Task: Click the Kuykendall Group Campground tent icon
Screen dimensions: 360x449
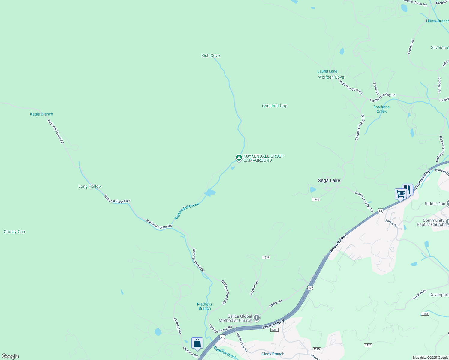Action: point(239,157)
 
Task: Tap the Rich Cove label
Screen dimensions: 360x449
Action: point(210,55)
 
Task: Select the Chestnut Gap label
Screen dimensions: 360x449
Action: point(274,106)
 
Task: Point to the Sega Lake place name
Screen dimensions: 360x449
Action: point(329,180)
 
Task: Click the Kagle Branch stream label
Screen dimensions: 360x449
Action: point(41,114)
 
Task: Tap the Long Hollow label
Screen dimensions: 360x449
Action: point(90,186)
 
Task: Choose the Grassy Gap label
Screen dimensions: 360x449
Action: point(14,232)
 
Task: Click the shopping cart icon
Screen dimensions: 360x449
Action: point(400,194)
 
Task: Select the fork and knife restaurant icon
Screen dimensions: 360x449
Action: point(408,189)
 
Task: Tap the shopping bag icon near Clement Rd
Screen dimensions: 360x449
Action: point(197,343)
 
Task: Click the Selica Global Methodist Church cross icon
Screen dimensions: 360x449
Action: point(257,318)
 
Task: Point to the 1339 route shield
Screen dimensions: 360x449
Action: point(266,257)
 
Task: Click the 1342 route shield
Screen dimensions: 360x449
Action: point(316,199)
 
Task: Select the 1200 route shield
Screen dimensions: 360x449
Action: point(274,330)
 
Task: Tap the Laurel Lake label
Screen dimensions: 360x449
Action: point(327,71)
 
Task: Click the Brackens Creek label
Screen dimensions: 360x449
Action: point(381,109)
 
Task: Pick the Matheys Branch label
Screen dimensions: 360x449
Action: point(205,306)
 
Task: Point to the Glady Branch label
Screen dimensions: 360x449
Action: point(273,354)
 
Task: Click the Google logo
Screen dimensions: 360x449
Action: point(10,356)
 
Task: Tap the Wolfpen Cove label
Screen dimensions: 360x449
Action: point(331,77)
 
